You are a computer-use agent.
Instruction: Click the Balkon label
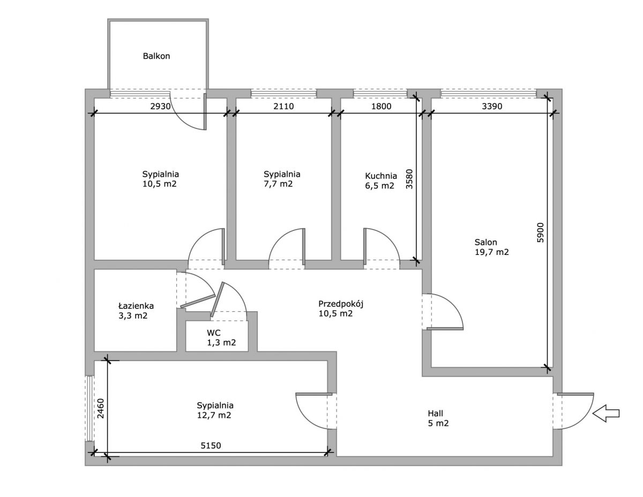click(156, 56)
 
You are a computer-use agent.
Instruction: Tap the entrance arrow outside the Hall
click(605, 413)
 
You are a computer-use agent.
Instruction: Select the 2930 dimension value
click(160, 106)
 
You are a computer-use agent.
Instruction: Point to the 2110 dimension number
click(283, 106)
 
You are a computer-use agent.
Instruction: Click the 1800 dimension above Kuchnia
click(381, 106)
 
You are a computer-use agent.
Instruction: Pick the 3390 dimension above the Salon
click(492, 106)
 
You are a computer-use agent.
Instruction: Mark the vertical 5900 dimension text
click(540, 232)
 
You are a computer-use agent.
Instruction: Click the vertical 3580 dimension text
click(409, 179)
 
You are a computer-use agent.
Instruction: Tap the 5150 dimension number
click(211, 445)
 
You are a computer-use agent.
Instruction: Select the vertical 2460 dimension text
click(101, 408)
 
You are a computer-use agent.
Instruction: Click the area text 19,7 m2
click(492, 252)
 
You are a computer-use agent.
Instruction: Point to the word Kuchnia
click(381, 176)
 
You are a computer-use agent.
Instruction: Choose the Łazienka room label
click(136, 305)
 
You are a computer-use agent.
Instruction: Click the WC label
click(214, 333)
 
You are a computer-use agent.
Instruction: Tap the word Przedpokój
click(341, 304)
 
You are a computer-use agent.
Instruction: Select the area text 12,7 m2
click(214, 416)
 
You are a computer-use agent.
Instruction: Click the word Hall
click(435, 413)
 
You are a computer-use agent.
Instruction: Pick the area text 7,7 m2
click(278, 184)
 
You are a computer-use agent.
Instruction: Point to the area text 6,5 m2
click(380, 186)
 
